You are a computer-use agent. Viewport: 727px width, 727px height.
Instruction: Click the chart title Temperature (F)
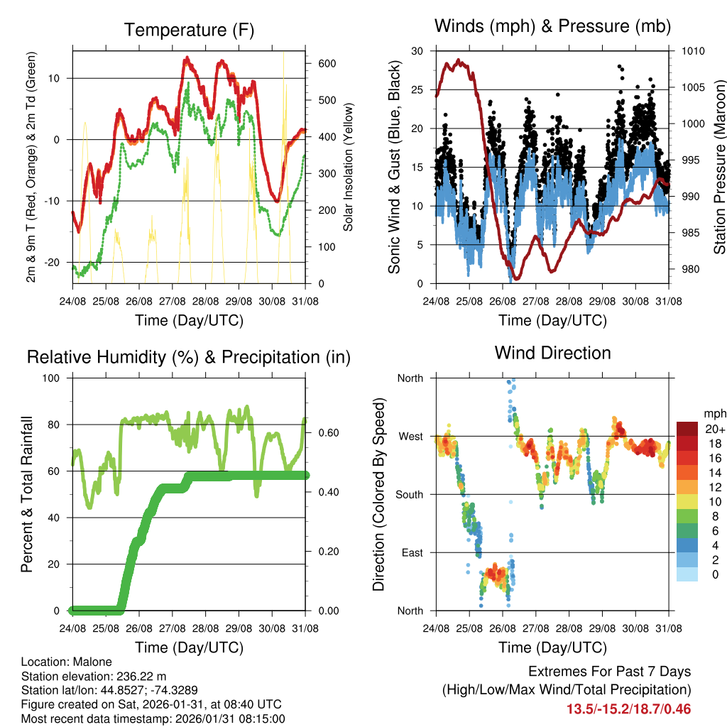189,30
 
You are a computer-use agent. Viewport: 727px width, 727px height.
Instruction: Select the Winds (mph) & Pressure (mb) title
553,26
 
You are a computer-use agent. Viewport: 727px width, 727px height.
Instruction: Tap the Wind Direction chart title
552,353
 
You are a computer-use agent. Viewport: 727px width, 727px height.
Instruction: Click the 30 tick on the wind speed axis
417,51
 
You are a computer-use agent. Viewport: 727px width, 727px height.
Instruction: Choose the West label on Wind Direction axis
410,436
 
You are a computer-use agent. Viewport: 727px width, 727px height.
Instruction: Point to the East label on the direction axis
411,552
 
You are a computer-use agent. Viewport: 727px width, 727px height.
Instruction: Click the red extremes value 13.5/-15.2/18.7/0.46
628,709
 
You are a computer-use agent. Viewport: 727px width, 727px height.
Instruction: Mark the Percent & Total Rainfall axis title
26,494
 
